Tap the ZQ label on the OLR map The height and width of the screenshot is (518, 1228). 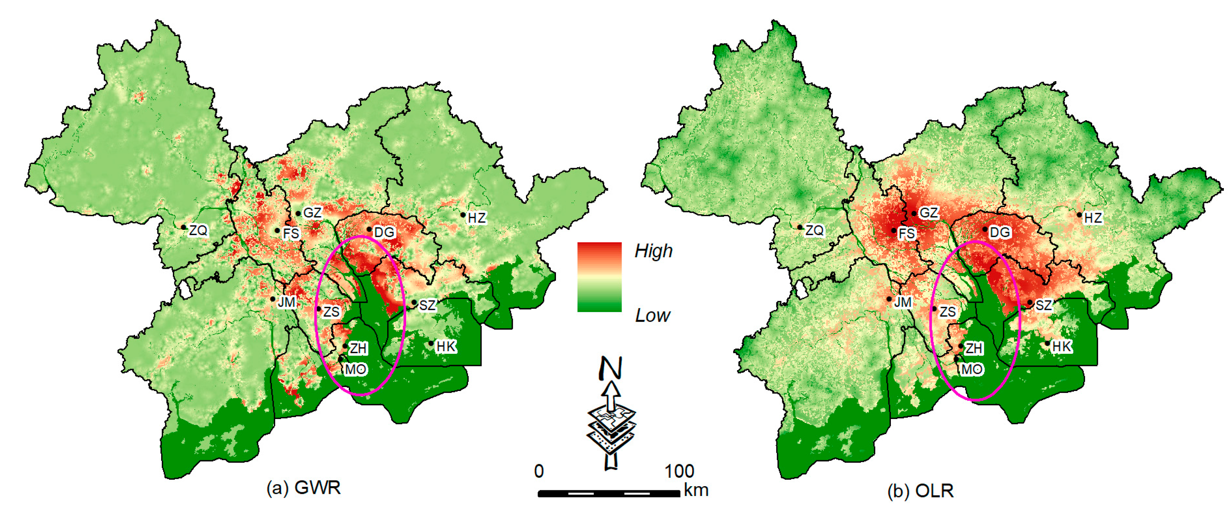coord(815,231)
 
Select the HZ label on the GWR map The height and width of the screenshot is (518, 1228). coord(477,218)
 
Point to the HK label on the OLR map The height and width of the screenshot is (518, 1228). coord(1061,347)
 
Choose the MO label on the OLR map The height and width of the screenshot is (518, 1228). coord(972,369)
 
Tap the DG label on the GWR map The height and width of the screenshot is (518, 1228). coord(384,232)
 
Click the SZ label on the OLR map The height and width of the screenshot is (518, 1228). coord(1044,305)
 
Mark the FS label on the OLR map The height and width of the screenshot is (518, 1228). coord(907,234)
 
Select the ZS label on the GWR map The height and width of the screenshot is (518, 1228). coord(331,312)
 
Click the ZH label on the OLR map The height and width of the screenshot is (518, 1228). coord(974,348)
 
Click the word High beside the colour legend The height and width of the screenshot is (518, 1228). coord(653,251)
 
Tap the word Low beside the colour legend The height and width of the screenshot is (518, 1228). coord(652,316)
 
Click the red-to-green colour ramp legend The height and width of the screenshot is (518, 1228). coord(599,277)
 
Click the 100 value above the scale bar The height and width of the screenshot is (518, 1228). coord(679,471)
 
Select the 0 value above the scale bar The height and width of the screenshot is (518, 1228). coord(539,471)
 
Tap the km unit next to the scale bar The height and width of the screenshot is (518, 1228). coord(696,490)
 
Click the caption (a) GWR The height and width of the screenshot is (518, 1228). coord(304,488)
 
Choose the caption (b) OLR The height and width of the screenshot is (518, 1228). coord(920,491)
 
